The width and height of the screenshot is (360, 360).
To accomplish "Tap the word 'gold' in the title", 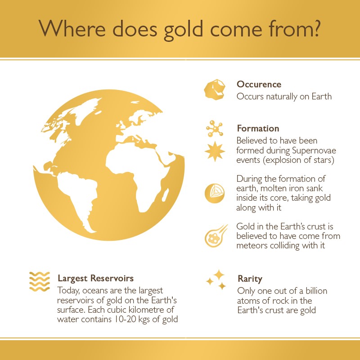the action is coord(183,29).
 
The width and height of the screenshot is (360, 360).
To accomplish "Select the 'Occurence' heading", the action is coord(259,84).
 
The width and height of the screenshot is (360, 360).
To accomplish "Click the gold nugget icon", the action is coord(215,90).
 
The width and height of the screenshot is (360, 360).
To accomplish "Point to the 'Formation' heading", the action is coord(258,128).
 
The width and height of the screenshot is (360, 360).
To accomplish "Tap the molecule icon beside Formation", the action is coord(215,129).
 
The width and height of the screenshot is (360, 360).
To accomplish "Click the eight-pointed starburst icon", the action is coord(215,151).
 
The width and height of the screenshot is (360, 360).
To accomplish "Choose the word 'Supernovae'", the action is coord(314,151).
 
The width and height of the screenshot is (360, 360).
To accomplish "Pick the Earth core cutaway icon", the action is coord(215,193).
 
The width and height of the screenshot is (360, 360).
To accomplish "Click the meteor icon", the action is coord(216,236).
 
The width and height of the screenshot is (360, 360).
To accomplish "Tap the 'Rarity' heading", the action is coord(250,279).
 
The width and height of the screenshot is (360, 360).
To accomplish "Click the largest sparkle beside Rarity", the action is coord(219,275).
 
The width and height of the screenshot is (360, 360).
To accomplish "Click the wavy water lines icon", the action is coord(40,282).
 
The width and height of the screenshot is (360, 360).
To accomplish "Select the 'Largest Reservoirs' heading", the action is coord(95,278).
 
